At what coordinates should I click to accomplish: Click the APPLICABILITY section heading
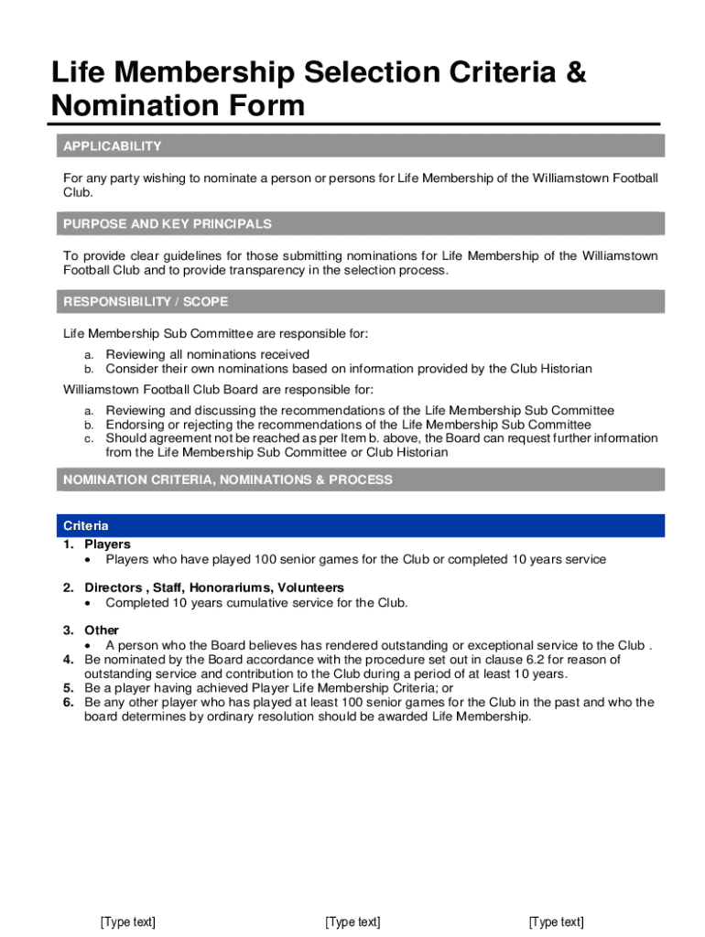(x=112, y=146)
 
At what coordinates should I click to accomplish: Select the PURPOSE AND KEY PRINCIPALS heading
(x=167, y=224)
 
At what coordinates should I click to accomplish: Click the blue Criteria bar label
(x=86, y=526)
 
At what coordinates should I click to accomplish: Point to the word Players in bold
(x=107, y=544)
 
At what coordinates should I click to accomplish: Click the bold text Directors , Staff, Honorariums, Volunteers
(x=214, y=587)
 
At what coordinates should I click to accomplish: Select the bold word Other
(x=102, y=630)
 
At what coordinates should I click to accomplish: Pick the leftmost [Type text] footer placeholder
(x=128, y=922)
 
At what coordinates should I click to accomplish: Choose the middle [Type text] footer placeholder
(x=352, y=922)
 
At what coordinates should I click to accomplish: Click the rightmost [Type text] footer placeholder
(x=556, y=922)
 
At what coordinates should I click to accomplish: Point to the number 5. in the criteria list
(x=69, y=688)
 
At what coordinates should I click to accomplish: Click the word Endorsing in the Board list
(x=135, y=425)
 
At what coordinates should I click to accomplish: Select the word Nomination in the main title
(x=130, y=106)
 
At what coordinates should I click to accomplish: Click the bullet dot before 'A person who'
(x=87, y=646)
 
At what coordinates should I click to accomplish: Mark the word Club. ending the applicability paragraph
(x=78, y=193)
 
